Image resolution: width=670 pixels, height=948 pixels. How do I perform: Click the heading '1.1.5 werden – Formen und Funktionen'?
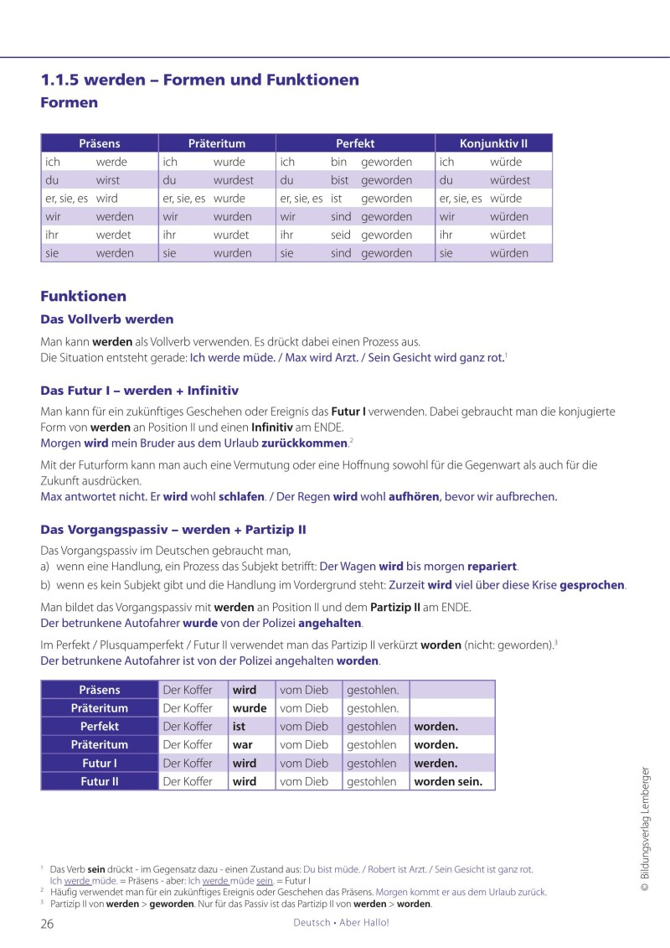coord(199,80)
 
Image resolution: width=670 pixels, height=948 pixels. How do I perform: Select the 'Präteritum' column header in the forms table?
coord(216,143)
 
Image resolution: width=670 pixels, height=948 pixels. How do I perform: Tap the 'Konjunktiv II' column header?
coord(493,143)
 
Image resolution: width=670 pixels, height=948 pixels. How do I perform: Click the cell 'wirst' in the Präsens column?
coord(108,180)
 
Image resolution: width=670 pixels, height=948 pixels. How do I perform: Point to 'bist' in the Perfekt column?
coord(339,180)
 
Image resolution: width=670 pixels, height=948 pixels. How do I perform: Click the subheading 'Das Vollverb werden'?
coord(107,319)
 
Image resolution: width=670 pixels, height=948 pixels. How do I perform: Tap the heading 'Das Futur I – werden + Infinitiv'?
coord(140,391)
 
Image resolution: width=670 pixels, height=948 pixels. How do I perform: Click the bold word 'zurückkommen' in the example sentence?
coord(304,443)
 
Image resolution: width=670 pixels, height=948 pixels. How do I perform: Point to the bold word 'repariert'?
coord(492,566)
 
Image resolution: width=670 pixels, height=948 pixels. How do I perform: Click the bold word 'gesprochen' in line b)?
coord(592,584)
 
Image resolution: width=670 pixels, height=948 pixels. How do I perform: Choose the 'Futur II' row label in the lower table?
coord(99,781)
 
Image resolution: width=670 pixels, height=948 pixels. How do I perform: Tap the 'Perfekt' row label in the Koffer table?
coord(99,727)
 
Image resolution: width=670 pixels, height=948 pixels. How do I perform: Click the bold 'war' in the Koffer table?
coord(242,745)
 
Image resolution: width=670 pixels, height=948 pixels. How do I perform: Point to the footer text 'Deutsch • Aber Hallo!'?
coord(341,923)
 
